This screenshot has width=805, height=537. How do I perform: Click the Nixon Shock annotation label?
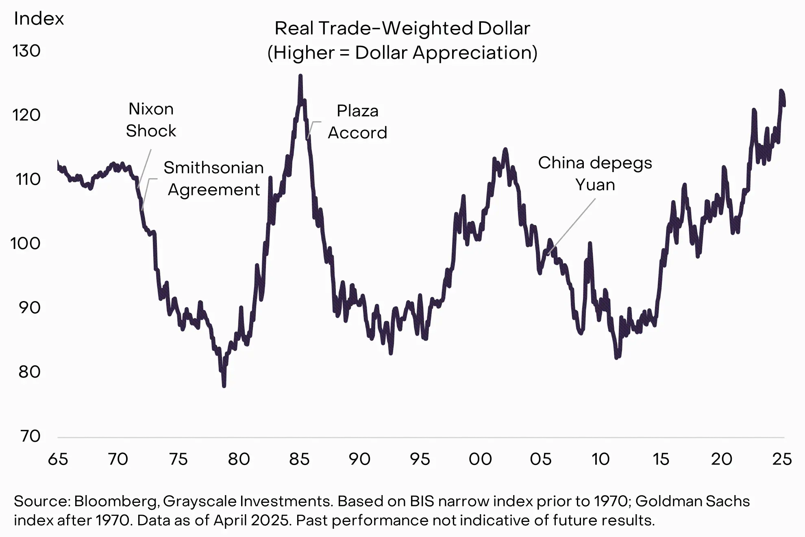point(151,120)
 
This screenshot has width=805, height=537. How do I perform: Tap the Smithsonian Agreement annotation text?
point(213,179)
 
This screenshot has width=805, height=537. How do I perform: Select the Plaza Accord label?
point(357,122)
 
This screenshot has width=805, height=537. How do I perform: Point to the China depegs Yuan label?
point(595,174)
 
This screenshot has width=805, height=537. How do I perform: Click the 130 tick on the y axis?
point(27,51)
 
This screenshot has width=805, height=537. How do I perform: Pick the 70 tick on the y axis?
point(30,436)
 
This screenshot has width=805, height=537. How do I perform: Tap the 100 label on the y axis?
point(25,244)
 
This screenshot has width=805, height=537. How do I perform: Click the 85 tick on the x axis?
point(299,459)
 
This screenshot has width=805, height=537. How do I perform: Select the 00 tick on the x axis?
point(480,459)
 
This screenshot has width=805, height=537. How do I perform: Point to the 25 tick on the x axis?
point(782,459)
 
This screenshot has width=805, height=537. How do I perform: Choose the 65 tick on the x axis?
point(58,459)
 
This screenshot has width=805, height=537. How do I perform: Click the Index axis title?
point(39,19)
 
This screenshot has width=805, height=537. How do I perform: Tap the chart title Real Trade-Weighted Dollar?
point(402,28)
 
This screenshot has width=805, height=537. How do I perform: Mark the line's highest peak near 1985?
point(300,76)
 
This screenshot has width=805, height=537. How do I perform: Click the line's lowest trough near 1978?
point(224,386)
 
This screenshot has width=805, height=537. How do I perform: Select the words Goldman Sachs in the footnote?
point(692,501)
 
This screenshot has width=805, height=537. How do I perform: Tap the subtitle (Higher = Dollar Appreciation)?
point(402,53)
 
